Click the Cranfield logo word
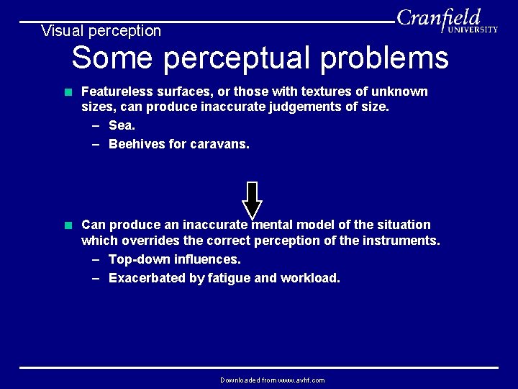coord(438,17)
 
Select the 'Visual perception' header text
coord(101,31)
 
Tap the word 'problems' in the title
coord(384,58)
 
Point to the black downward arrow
coord(252,200)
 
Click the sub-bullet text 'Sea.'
coord(122,126)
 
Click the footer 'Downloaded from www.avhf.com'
coord(272,380)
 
